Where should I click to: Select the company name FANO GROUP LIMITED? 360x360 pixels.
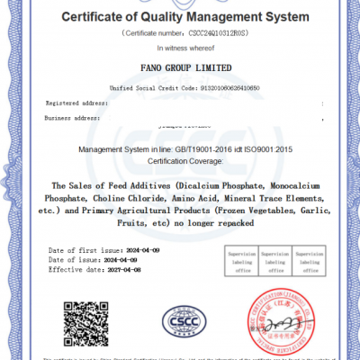(x=180, y=67)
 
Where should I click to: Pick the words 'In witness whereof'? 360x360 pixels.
(x=180, y=45)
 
